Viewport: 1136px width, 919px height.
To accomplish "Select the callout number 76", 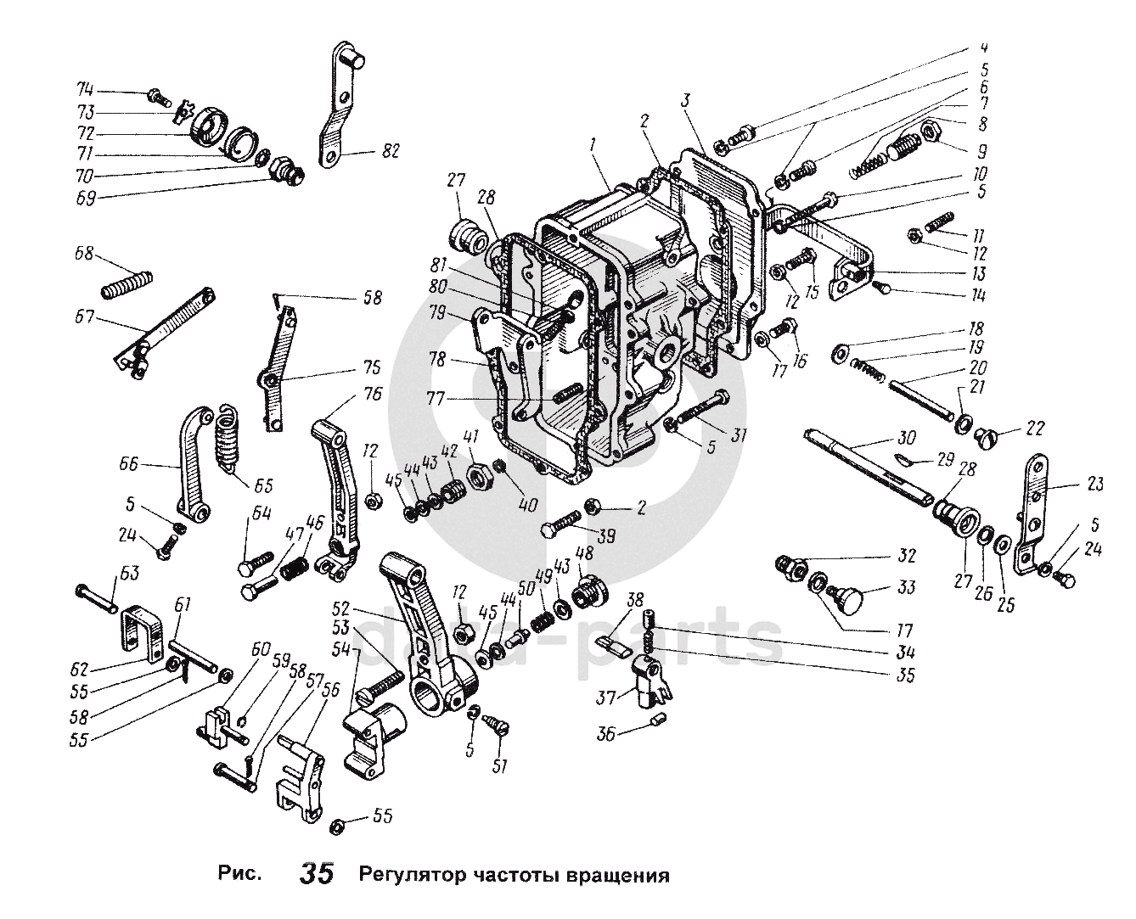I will click(373, 394).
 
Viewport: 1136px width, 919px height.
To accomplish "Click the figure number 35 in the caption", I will click(316, 874).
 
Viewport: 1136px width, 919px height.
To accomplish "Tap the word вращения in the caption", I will click(617, 875).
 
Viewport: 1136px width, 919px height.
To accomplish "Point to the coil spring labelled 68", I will click(127, 283).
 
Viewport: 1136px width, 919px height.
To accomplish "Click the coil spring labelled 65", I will click(226, 435).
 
